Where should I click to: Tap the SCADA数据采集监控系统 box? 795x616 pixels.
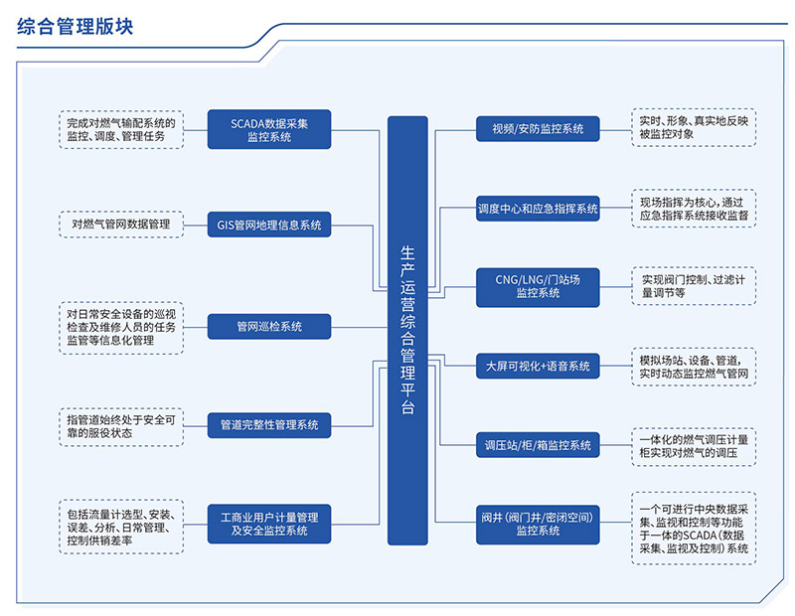[x=269, y=130]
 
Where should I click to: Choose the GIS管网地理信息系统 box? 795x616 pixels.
[x=269, y=226]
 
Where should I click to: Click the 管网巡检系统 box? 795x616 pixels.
[x=269, y=326]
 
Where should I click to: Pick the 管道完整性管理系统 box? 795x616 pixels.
[x=269, y=424]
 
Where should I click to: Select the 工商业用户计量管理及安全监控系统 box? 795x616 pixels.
[x=269, y=524]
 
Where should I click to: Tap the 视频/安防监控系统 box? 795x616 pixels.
[x=538, y=129]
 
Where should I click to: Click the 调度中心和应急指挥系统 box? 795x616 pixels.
[x=538, y=209]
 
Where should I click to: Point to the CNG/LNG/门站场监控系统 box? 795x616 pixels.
[x=538, y=286]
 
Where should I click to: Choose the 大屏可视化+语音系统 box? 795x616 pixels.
[x=538, y=366]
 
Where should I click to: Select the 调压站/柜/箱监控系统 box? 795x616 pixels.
[x=538, y=445]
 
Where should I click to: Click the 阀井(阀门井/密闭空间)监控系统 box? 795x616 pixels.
[x=538, y=524]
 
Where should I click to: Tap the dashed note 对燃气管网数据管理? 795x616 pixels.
[x=121, y=226]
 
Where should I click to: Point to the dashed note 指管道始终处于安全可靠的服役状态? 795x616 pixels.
[x=121, y=424]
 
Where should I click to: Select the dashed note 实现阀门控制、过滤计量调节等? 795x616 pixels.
[x=695, y=286]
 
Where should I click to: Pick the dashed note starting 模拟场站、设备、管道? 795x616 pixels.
[x=695, y=366]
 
